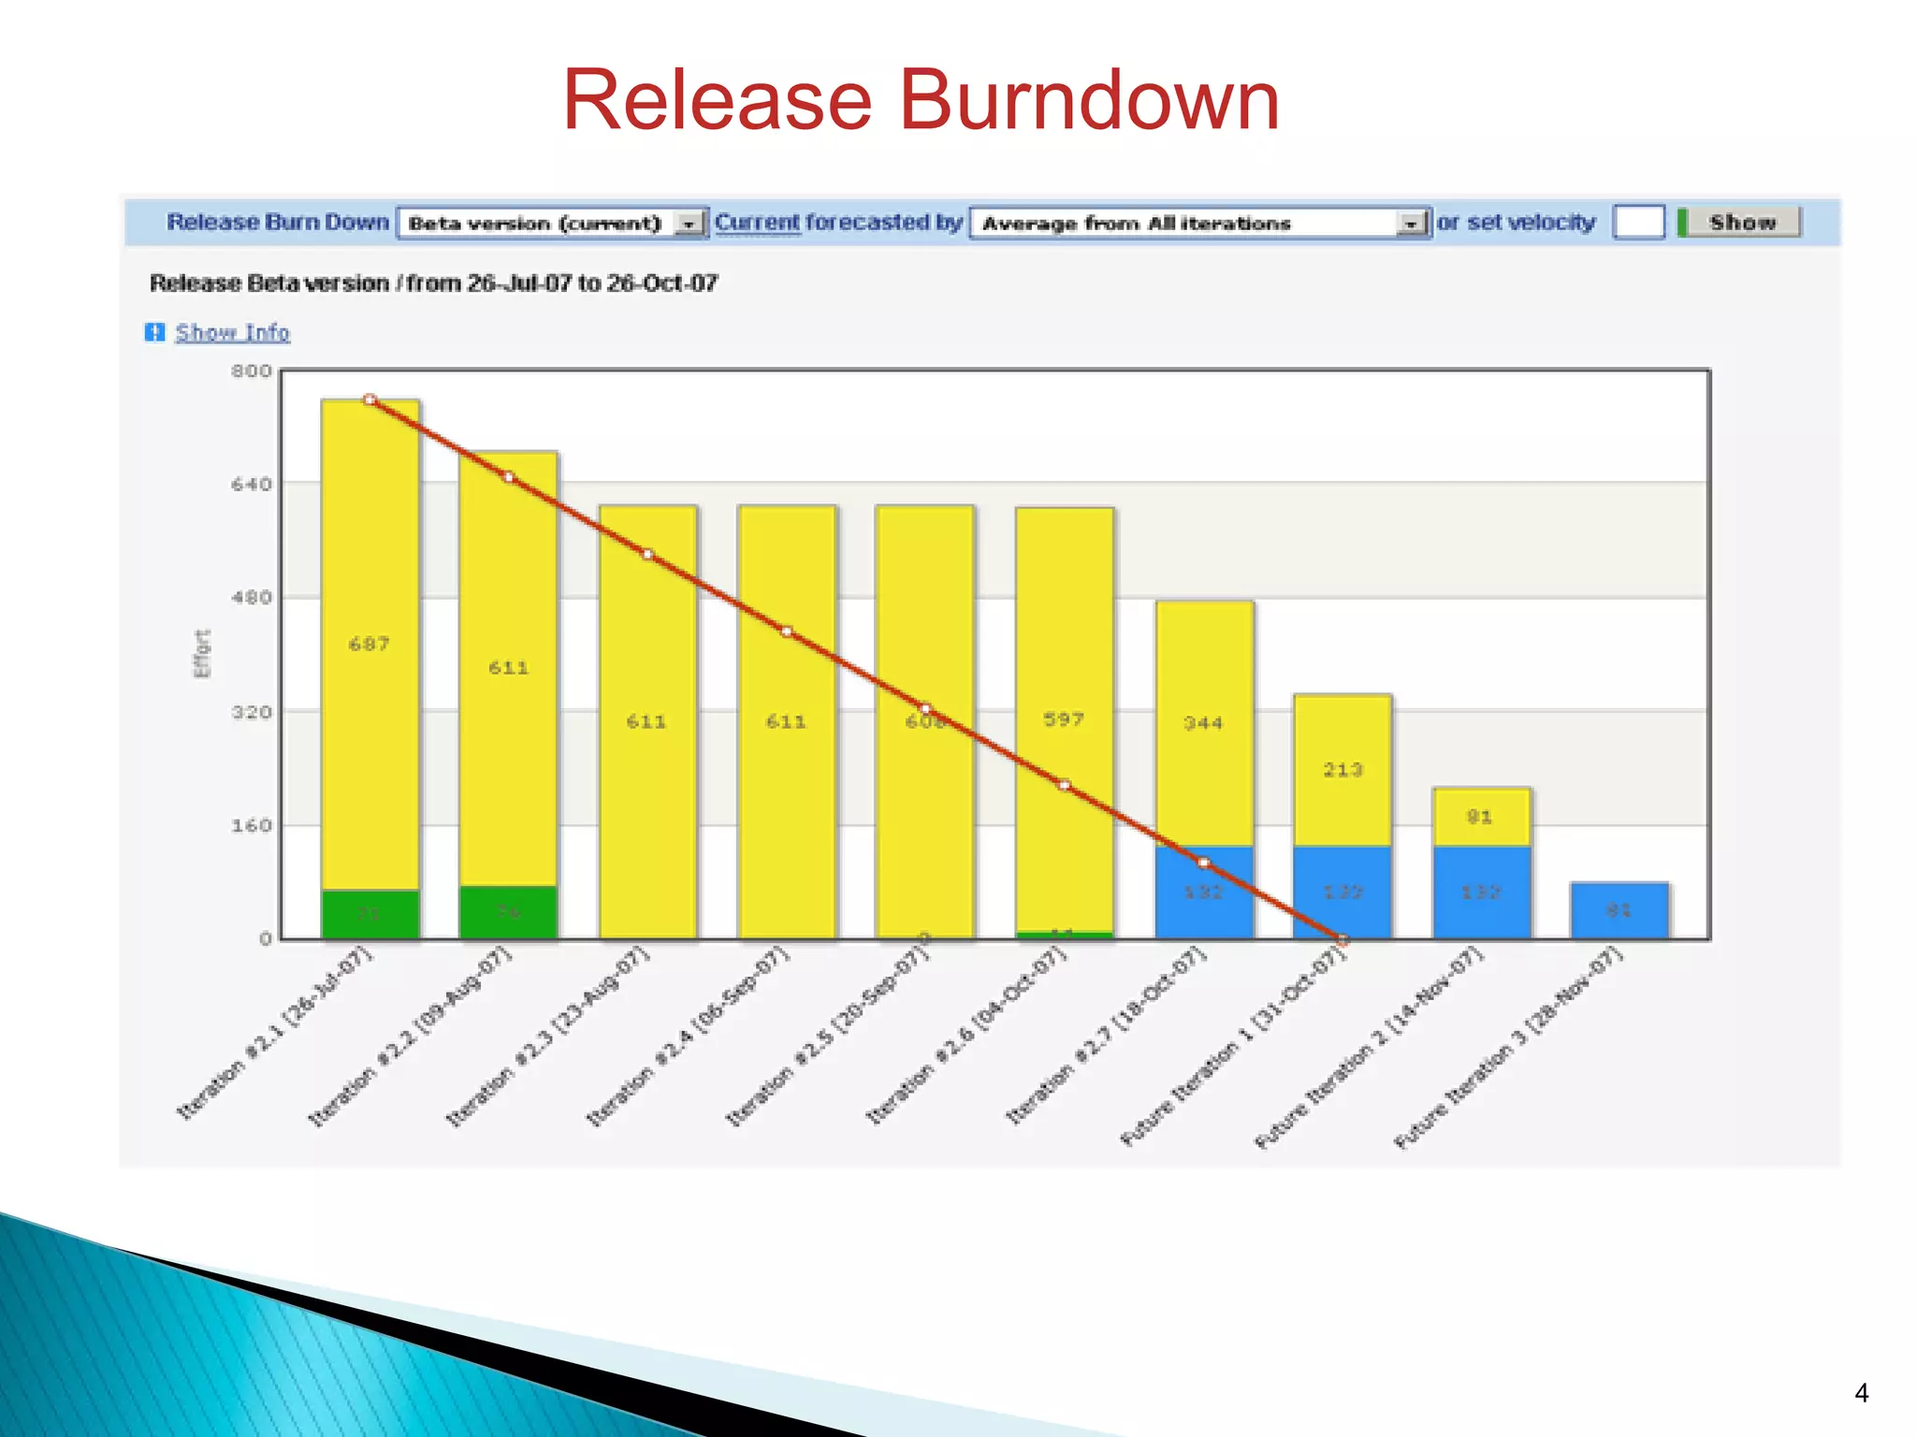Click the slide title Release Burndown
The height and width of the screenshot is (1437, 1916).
921,100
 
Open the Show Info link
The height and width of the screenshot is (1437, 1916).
232,332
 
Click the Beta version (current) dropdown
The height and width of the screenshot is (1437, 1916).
553,223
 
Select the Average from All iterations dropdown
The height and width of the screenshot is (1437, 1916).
1200,223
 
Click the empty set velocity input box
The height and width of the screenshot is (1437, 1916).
1638,223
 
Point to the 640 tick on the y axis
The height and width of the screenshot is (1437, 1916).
252,484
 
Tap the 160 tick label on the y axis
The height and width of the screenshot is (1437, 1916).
252,825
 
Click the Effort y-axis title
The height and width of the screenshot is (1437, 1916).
202,653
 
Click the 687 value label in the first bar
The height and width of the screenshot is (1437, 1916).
370,644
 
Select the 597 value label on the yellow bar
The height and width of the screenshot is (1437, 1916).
1064,719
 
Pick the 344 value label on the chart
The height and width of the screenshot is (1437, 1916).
1203,722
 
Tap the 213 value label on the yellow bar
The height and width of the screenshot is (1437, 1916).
1343,769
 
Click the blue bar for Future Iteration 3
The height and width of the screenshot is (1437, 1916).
1619,909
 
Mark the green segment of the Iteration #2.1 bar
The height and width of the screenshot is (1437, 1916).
370,913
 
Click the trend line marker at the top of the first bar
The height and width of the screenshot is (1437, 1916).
370,400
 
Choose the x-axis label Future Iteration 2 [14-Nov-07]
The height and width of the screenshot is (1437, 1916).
1368,1048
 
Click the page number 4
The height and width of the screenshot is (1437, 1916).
1861,1393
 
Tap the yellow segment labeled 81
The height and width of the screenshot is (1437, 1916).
1481,817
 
